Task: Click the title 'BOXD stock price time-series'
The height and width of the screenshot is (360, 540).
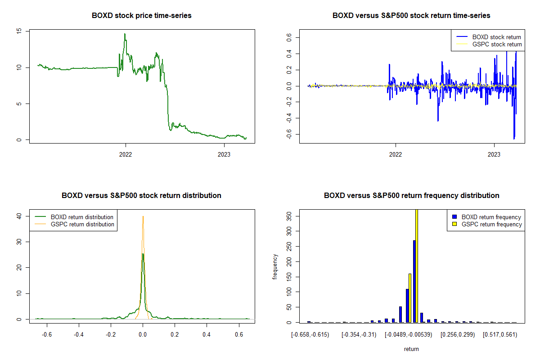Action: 141,16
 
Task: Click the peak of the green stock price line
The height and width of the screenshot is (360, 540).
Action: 125,34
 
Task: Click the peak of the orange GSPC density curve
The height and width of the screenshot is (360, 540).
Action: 143,216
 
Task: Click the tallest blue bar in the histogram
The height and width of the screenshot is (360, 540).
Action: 414,281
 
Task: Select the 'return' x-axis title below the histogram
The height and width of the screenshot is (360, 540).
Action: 411,349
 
